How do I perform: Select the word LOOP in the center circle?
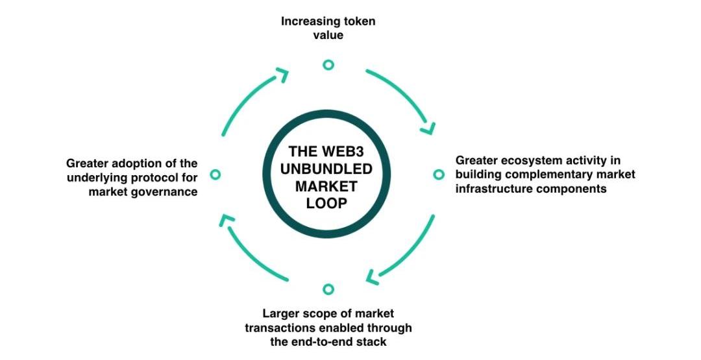pyautogui.click(x=328, y=203)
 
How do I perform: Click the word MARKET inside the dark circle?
pyautogui.click(x=329, y=186)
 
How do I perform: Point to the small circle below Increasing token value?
pyautogui.click(x=328, y=64)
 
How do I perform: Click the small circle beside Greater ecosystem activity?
pyautogui.click(x=439, y=174)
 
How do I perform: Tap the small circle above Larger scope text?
pyautogui.click(x=328, y=289)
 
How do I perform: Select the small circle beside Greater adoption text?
pyautogui.click(x=216, y=174)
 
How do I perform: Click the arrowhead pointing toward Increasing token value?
pyautogui.click(x=282, y=74)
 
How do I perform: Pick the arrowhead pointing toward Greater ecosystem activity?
pyautogui.click(x=427, y=128)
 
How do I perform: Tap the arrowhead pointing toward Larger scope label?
pyautogui.click(x=373, y=277)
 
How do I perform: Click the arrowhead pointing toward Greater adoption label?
pyautogui.click(x=225, y=221)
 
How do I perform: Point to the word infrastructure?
pyautogui.click(x=491, y=189)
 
